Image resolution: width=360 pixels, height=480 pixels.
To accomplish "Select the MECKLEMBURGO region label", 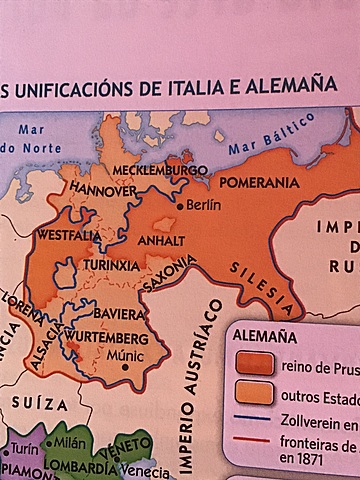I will point(153,170).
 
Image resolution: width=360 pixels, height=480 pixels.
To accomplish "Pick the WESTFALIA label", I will point(67,236).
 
